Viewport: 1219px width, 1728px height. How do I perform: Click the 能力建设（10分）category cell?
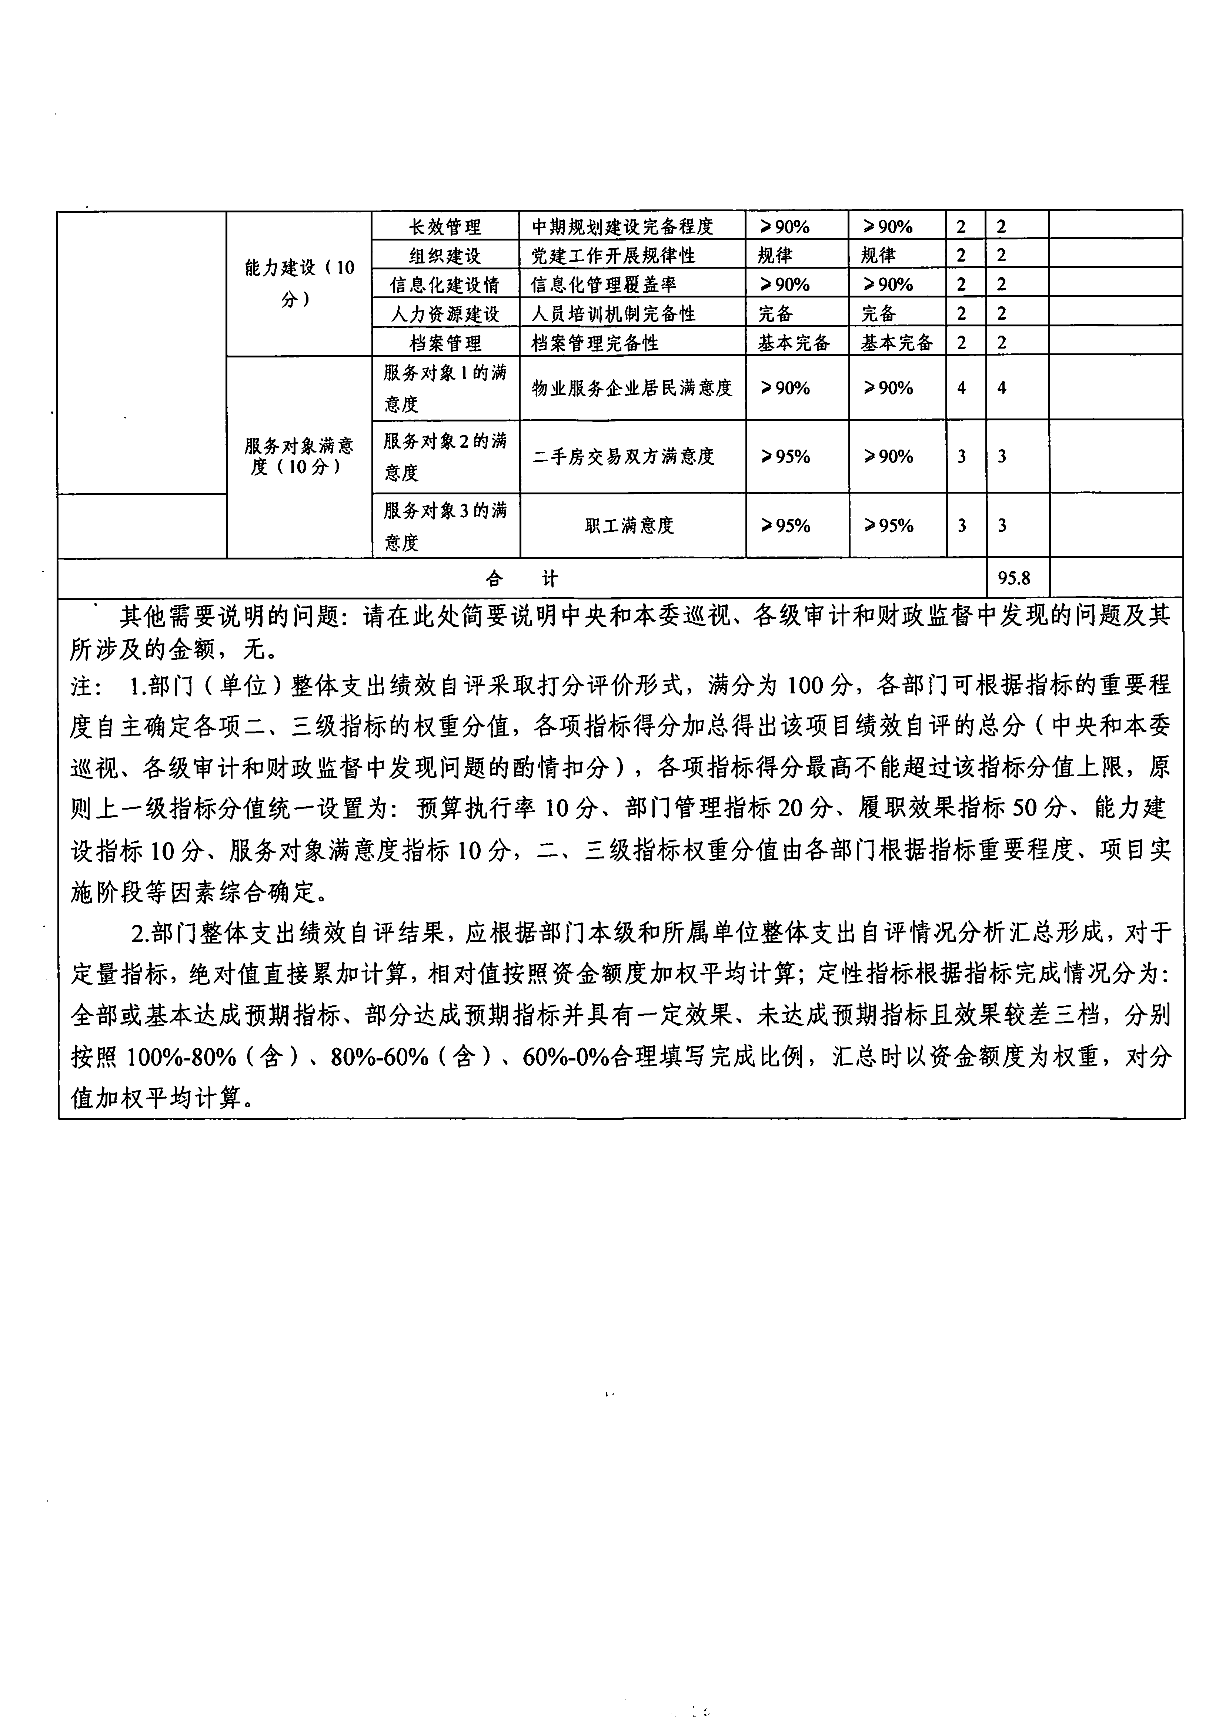coord(299,283)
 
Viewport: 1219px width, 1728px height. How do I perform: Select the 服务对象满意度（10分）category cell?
coord(299,456)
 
